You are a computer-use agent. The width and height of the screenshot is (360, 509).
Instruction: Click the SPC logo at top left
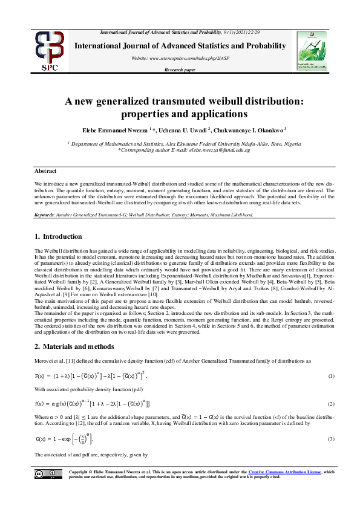click(49, 52)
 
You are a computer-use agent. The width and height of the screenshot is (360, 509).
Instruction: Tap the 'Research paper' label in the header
click(180, 70)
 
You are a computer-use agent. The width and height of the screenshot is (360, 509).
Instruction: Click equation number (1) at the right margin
click(331, 376)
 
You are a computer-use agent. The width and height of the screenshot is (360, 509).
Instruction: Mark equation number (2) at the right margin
click(331, 403)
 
